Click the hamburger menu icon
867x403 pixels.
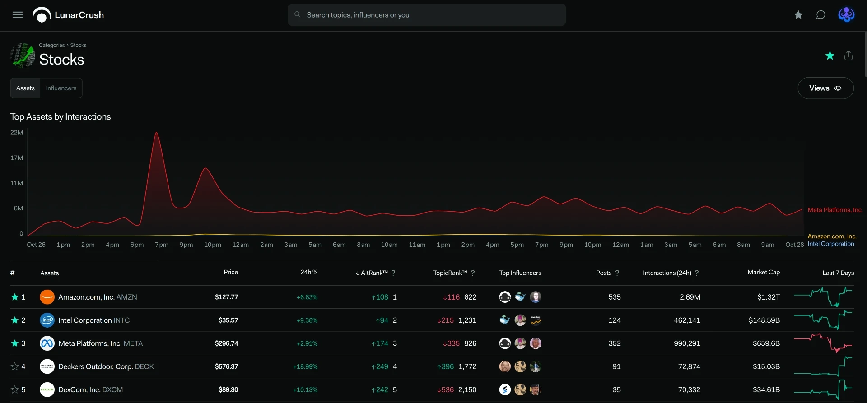[18, 15]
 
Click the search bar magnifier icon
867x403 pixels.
[298, 14]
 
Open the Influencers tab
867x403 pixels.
[61, 88]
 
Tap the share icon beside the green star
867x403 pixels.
[848, 56]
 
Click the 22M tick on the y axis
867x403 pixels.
[17, 133]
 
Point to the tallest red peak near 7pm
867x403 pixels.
[156, 132]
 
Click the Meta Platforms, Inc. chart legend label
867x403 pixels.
[835, 210]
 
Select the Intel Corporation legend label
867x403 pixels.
[831, 244]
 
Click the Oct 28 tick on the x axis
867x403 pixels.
[794, 245]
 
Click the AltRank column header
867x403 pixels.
[374, 273]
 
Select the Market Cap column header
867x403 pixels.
[764, 272]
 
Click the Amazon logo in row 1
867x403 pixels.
[47, 297]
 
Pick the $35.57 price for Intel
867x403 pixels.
[228, 320]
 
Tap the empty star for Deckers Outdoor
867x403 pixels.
[15, 366]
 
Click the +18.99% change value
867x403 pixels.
[305, 366]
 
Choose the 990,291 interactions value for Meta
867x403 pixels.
[687, 343]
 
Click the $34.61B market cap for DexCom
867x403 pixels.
[766, 389]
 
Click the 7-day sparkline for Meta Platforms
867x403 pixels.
[823, 343]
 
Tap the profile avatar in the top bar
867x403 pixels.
[846, 15]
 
